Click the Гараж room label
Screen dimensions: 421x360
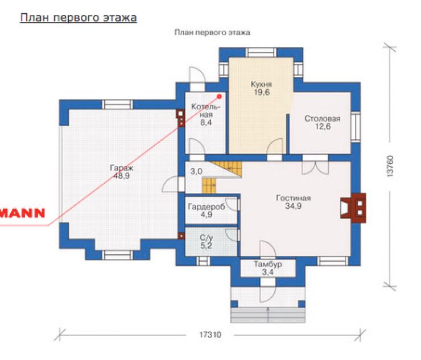tap(122, 168)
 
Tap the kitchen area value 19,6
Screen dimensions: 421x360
tap(262, 92)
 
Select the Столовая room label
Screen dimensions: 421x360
tap(323, 118)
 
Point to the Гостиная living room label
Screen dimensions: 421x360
tap(293, 198)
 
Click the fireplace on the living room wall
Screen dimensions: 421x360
tap(353, 208)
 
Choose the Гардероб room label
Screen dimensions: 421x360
tap(207, 206)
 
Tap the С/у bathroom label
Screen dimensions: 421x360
tap(206, 238)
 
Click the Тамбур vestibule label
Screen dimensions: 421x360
tap(268, 264)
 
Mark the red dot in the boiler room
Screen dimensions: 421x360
tap(220, 96)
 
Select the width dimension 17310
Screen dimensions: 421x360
tap(210, 335)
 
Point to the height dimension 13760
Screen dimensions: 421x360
tap(390, 166)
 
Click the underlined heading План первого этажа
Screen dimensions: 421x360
tap(79, 18)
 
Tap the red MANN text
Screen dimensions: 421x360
tap(22, 213)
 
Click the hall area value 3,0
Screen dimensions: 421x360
tap(196, 171)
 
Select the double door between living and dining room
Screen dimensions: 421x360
tap(315, 164)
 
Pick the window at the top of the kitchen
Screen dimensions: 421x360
tap(261, 52)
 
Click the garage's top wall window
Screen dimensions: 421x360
tap(118, 104)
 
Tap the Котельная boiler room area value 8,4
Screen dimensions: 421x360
tap(206, 123)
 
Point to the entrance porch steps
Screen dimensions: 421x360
tap(268, 315)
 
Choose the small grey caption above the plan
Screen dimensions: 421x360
tap(212, 32)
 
